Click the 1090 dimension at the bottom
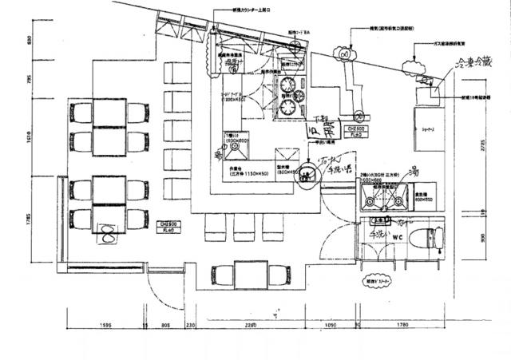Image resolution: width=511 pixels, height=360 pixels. point(330,325)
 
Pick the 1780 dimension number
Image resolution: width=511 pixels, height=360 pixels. point(402,325)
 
